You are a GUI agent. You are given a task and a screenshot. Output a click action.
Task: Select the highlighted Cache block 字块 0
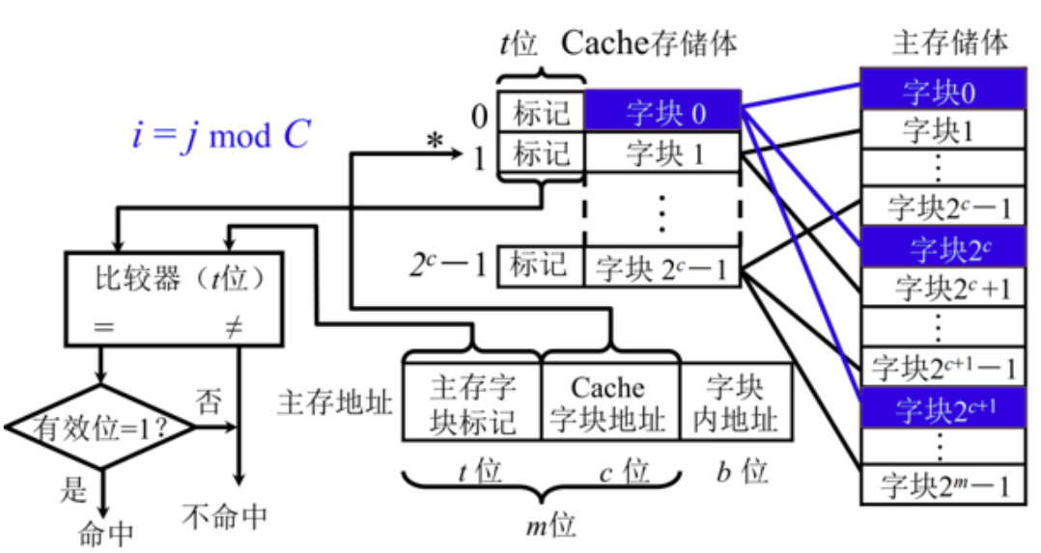[663, 113]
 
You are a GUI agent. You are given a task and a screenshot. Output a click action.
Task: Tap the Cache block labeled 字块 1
[663, 153]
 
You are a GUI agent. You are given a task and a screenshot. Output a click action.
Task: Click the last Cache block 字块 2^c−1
[663, 267]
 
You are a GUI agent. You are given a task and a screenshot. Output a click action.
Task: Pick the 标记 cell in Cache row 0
[541, 113]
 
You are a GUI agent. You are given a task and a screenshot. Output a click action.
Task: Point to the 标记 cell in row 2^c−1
[541, 266]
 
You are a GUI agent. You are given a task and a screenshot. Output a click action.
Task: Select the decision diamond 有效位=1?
[100, 426]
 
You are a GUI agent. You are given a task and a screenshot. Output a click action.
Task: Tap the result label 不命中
[224, 516]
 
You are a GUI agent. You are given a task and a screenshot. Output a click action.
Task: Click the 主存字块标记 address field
[472, 404]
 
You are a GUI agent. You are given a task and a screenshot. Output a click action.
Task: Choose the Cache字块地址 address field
[607, 404]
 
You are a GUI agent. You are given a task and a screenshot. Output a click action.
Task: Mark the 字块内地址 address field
[736, 404]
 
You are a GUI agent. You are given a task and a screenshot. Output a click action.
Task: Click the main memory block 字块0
[942, 93]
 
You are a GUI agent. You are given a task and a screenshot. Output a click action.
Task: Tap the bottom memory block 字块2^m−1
[942, 484]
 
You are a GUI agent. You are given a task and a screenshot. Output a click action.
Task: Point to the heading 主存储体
[950, 42]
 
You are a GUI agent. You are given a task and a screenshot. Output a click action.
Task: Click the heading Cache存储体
[650, 42]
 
